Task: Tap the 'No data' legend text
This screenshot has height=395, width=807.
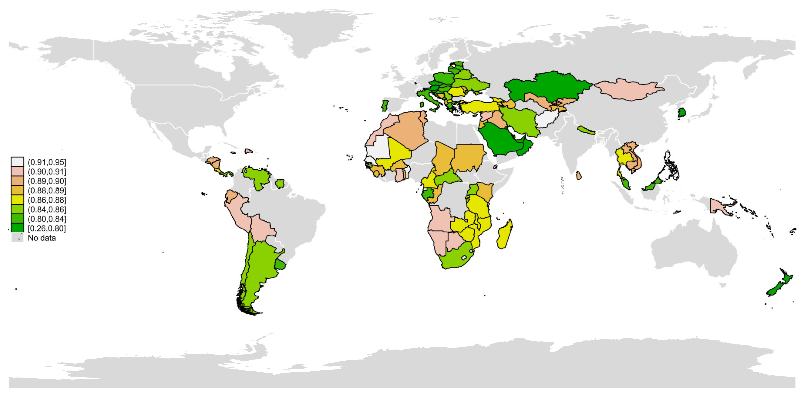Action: (x=42, y=238)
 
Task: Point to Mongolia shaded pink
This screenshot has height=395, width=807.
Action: (x=628, y=89)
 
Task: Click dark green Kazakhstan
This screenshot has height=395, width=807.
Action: (x=548, y=86)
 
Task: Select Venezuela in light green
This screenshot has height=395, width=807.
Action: (x=257, y=177)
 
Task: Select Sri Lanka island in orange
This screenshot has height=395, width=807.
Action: (x=579, y=176)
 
